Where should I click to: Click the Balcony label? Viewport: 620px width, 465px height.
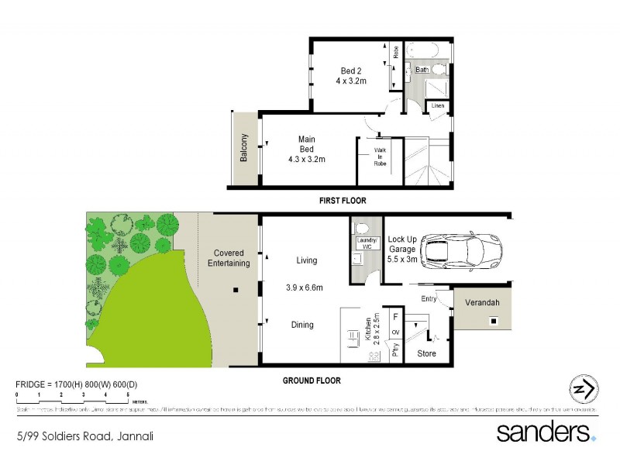click(x=243, y=148)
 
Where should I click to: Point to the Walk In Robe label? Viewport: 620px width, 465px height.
click(x=380, y=157)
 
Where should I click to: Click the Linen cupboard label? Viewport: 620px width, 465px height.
click(x=438, y=105)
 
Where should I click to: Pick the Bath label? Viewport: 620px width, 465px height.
click(x=422, y=70)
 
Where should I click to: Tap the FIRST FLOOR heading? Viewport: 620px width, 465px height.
click(x=343, y=201)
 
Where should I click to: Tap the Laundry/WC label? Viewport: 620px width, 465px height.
click(x=365, y=243)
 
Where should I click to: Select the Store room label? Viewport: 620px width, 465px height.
click(x=426, y=353)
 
